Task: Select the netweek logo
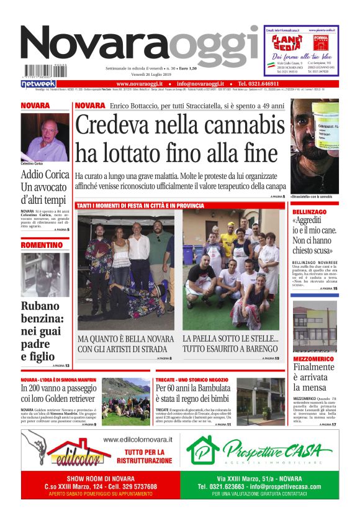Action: coord(38,83)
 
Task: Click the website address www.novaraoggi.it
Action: coord(139,83)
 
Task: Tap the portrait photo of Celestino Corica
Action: coord(45,137)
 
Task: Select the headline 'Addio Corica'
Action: coord(45,175)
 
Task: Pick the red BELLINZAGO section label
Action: coord(311,212)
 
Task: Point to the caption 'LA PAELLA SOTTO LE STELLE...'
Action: coord(230,339)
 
